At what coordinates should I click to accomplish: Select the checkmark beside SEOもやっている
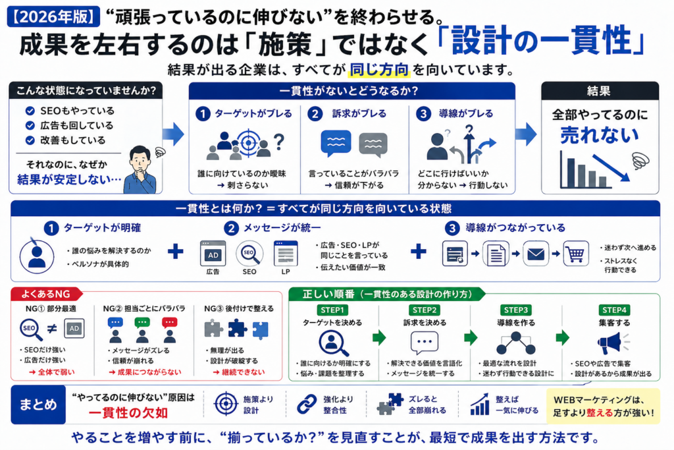30,111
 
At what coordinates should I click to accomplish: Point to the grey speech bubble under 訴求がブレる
373,143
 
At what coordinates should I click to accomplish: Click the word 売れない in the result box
599,135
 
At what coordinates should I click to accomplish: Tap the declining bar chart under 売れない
586,170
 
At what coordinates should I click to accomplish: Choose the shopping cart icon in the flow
576,254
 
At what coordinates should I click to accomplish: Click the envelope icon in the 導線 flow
536,254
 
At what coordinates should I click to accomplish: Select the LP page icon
286,253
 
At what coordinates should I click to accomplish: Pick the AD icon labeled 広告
213,253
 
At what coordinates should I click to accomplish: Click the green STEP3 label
515,310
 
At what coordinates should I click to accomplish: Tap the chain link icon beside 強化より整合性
307,404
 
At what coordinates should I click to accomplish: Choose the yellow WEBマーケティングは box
602,404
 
